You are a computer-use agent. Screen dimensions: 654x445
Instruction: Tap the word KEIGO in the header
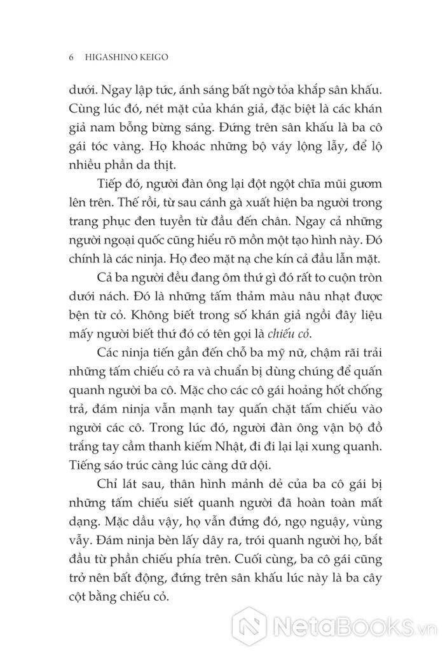coord(160,57)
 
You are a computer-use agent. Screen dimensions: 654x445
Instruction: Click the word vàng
coord(137,145)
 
